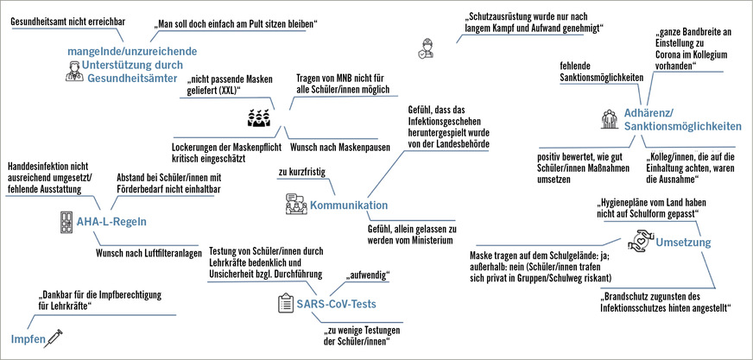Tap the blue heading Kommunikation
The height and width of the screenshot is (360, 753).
350,205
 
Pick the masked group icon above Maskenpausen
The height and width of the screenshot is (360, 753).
261,118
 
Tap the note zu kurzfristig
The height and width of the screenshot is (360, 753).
301,173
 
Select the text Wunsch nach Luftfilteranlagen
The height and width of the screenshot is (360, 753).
149,254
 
